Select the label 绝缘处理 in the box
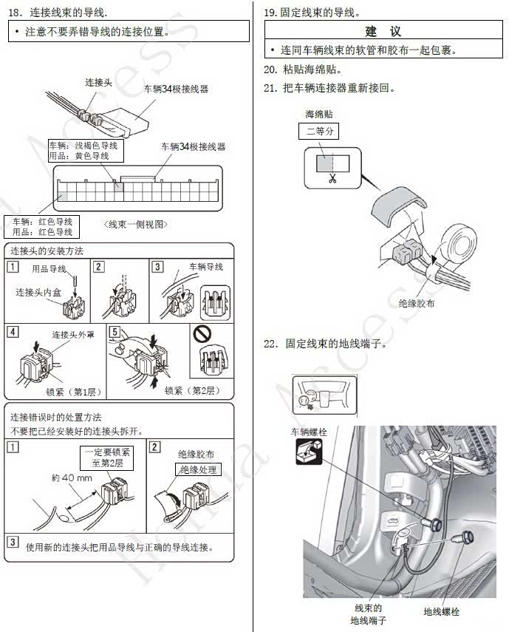coord(197,469)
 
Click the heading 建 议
coord(383,32)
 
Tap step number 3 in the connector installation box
coord(157,267)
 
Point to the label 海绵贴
coord(318,115)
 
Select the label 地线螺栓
coord(441,612)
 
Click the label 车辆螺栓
coord(309,431)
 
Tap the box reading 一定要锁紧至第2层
coord(108,459)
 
